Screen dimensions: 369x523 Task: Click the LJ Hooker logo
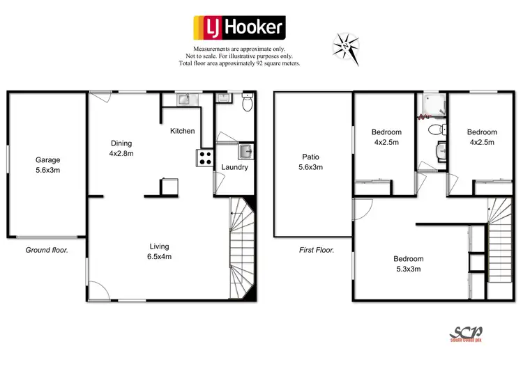coord(238,28)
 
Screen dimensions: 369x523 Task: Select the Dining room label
coord(121,148)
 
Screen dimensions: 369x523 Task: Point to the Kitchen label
coord(183,131)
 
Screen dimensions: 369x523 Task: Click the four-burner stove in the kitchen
coord(205,157)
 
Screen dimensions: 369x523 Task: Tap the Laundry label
coord(234,167)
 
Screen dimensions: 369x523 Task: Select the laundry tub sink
coord(243,151)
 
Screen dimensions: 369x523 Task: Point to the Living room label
coord(159,251)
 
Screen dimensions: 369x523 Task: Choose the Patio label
coord(311,162)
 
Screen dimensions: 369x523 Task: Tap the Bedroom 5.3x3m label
coord(408,264)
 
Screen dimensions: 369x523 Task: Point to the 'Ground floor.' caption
coord(47,249)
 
